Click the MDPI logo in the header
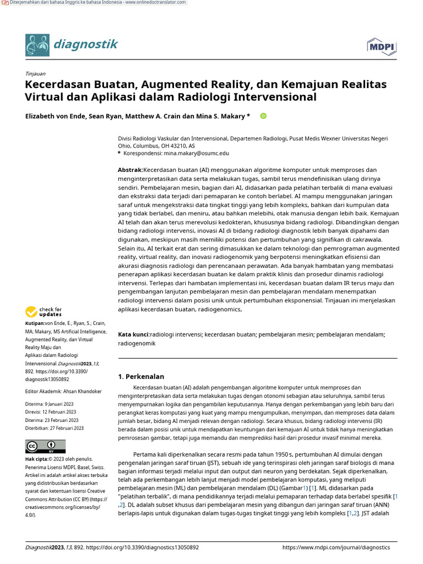click(x=381, y=47)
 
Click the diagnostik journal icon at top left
click(x=37, y=45)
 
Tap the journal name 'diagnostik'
click(x=85, y=45)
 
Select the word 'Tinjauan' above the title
click(x=35, y=73)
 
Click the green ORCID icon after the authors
click(x=263, y=116)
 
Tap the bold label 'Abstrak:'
click(x=130, y=170)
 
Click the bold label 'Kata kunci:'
click(x=134, y=334)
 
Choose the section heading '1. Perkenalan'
click(x=141, y=377)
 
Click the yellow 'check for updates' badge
click(x=44, y=312)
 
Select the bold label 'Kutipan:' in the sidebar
click(x=35, y=324)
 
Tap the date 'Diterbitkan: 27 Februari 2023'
click(x=55, y=428)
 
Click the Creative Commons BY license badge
click(x=45, y=446)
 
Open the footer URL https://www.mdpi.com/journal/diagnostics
click(x=335, y=547)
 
